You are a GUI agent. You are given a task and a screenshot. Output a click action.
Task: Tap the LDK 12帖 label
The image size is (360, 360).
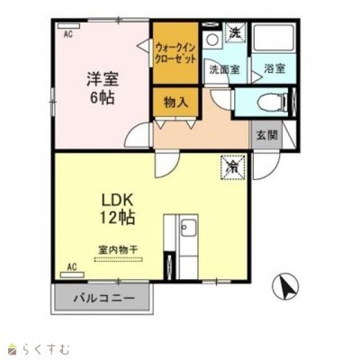pyautogui.click(x=117, y=209)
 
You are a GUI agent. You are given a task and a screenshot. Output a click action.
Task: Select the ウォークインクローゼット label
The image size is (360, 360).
pyautogui.click(x=175, y=53)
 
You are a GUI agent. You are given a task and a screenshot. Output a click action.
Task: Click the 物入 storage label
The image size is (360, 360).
pyautogui.click(x=176, y=103)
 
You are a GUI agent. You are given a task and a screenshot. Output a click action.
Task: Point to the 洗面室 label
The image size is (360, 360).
pyautogui.click(x=224, y=69)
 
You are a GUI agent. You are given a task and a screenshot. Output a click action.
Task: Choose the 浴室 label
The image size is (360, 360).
pyautogui.click(x=274, y=68)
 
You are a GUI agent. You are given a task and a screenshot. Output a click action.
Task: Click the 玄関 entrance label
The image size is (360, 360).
pyautogui.click(x=266, y=135)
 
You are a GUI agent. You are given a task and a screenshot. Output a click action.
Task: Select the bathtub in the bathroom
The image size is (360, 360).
pyautogui.click(x=274, y=38)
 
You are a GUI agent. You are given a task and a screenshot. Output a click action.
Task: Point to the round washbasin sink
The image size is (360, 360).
pyautogui.click(x=213, y=39)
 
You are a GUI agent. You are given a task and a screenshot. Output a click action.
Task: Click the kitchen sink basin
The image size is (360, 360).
pyautogui.click(x=188, y=228)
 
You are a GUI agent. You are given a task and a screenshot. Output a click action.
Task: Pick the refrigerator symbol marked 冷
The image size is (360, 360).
pyautogui.click(x=233, y=168)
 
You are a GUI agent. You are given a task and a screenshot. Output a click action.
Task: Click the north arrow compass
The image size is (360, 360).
pyautogui.click(x=285, y=286)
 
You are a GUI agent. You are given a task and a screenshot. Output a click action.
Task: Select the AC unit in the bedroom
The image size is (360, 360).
pyautogui.click(x=68, y=26)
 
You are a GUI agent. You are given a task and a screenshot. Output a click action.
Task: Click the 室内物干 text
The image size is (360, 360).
pyautogui.click(x=118, y=249)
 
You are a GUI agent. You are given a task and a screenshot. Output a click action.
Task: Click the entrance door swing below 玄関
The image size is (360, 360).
pyautogui.click(x=266, y=166)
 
